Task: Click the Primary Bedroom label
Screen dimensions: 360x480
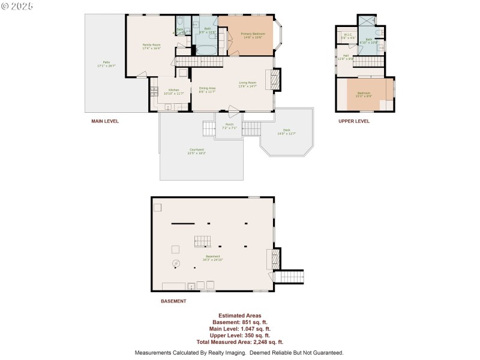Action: (x=253, y=34)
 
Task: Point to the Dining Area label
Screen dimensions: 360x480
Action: (x=207, y=88)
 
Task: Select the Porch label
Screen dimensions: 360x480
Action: (x=229, y=124)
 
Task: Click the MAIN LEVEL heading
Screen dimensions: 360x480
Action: (x=105, y=121)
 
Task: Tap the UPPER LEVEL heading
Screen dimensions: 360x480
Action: (x=354, y=121)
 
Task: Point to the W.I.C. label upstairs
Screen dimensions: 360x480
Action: (x=347, y=35)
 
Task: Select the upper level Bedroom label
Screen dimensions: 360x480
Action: (x=364, y=92)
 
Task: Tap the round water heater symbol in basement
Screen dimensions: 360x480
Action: (x=176, y=263)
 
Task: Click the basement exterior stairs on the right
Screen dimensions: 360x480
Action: (x=289, y=277)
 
